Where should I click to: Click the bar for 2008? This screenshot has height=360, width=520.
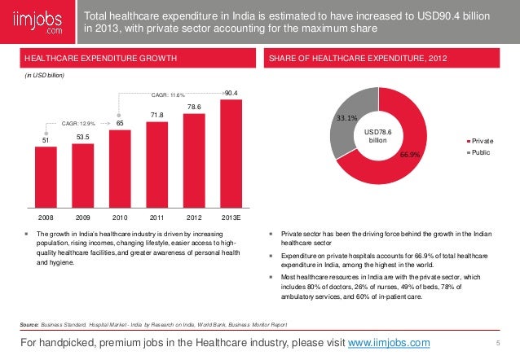pos(46,179)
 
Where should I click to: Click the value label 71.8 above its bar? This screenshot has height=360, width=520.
pos(157,115)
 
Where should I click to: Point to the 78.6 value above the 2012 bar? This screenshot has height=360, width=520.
pos(195,106)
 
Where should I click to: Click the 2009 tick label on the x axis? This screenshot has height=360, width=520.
pos(82,218)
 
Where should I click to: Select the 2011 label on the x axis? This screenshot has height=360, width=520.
pos(157,218)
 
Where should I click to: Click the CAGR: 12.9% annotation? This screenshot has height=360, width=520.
pos(79,124)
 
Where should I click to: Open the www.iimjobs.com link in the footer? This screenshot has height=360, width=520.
pos(389,342)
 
